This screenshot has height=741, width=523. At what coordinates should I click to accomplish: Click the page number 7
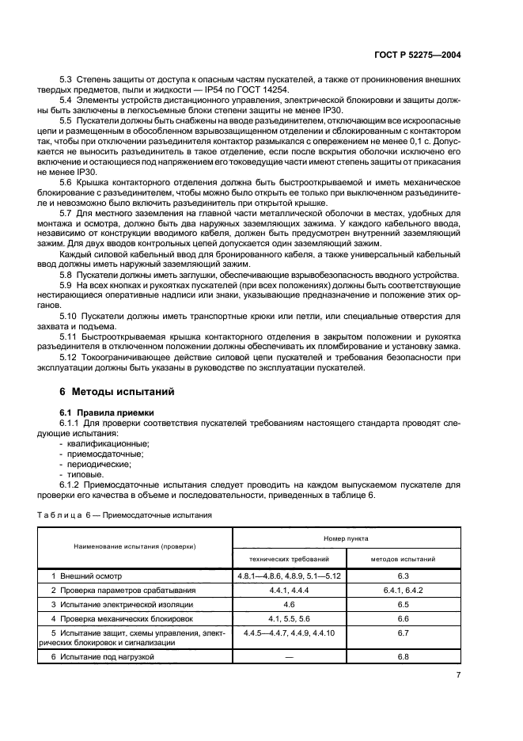coord(459,674)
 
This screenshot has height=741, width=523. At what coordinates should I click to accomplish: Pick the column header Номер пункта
coord(345,538)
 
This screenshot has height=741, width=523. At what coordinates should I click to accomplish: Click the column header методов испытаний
coord(403,558)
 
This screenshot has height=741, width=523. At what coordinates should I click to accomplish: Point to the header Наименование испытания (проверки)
coord(135,547)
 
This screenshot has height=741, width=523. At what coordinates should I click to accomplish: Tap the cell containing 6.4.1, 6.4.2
coord(403,590)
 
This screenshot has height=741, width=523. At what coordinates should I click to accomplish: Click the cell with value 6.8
coord(403,657)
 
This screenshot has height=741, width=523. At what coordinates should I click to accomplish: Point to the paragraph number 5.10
coord(72,315)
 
